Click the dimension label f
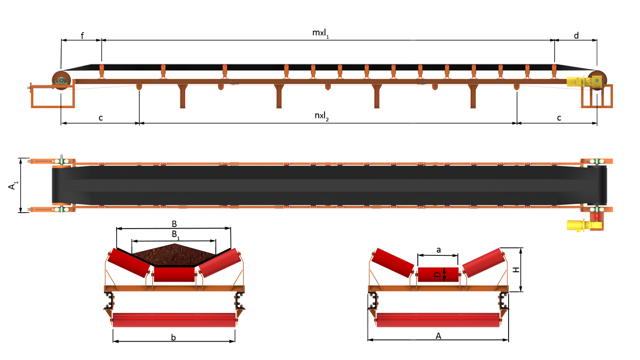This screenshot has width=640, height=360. [82, 36]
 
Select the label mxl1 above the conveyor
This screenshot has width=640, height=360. [320, 33]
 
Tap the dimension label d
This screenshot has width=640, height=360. [576, 35]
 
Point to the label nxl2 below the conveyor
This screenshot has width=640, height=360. [321, 116]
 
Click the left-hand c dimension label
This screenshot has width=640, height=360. [101, 118]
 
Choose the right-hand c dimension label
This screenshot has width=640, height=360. [559, 118]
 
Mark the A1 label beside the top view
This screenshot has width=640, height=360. [12, 185]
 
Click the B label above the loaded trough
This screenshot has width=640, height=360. [174, 224]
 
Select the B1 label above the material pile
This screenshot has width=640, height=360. [176, 235]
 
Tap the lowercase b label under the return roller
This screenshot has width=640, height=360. [174, 338]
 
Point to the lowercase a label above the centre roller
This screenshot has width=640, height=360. [439, 250]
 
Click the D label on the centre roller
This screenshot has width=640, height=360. [438, 275]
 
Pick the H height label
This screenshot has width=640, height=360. [516, 269]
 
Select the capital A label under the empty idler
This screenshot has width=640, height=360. [438, 336]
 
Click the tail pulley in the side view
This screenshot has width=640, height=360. [62, 80]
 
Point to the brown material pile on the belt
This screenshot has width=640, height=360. [174, 255]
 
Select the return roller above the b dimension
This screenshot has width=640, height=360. [174, 320]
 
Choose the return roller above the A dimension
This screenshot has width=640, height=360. [438, 320]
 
